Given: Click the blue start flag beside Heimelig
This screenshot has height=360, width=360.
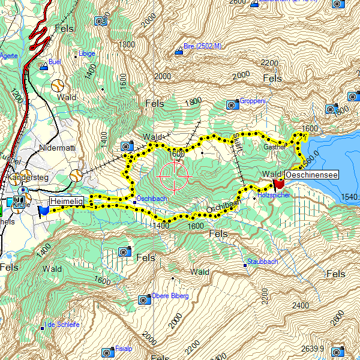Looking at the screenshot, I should (x=43, y=211).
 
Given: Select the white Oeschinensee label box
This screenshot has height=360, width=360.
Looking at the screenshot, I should (x=311, y=175).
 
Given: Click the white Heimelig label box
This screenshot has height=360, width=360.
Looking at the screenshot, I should (x=66, y=202).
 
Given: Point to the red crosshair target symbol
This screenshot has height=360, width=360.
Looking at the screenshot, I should (x=174, y=176).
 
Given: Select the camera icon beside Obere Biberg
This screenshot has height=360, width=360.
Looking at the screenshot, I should (x=144, y=299).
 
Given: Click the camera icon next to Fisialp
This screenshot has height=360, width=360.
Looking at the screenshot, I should (x=107, y=351).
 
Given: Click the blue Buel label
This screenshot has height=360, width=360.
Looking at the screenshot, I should (x=55, y=62).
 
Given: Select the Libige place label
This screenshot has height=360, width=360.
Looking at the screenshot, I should (x=87, y=53).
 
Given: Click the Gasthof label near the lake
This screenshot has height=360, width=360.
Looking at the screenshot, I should (x=274, y=146).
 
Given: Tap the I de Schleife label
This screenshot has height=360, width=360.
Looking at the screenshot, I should (x=63, y=325).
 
